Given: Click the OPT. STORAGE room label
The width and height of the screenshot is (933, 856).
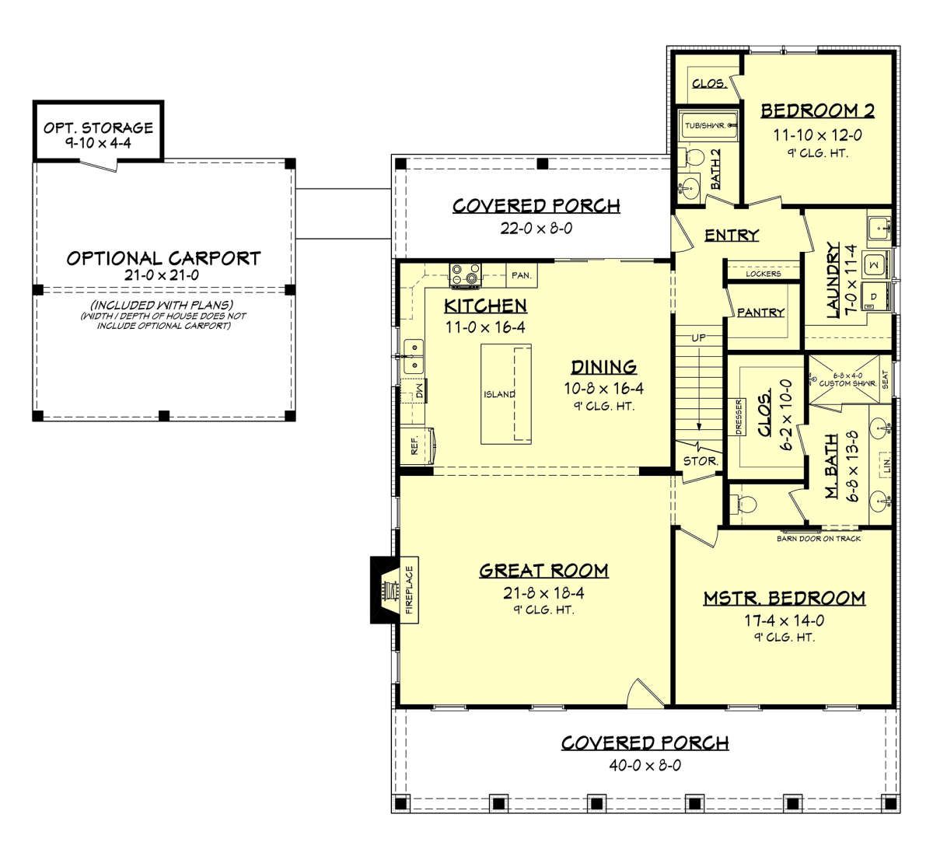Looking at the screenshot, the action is (x=98, y=128).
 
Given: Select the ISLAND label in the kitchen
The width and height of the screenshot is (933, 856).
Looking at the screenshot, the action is (x=499, y=394).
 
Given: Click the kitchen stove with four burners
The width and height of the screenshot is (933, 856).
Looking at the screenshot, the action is (x=466, y=274).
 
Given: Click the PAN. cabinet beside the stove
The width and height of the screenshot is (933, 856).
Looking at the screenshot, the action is (x=522, y=275).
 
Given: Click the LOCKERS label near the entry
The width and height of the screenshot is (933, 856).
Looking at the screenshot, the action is (x=764, y=274).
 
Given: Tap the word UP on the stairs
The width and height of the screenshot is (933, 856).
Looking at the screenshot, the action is (x=699, y=337).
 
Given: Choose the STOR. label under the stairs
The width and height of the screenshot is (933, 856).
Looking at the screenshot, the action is (x=701, y=462).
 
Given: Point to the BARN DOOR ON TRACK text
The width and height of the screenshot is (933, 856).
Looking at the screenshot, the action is (x=819, y=539).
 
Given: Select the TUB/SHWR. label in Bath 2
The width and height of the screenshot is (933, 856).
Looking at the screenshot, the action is (x=705, y=126).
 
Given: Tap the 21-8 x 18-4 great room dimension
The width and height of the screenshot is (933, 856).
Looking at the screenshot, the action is (x=543, y=593).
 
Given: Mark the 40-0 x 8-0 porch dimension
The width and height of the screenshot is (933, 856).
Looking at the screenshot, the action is (x=645, y=765).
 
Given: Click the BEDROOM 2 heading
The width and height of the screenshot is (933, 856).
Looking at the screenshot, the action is (x=817, y=110).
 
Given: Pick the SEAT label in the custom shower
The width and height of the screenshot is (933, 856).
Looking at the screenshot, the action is (x=885, y=379).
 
